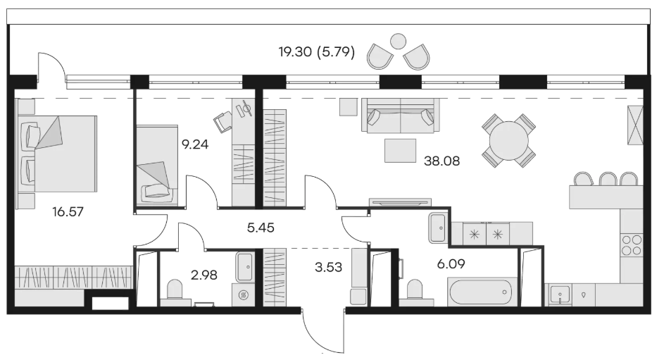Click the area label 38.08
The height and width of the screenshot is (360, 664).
pos(441,161)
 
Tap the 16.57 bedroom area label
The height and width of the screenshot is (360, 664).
pos(68,211)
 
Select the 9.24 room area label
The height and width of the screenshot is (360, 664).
pos(195,144)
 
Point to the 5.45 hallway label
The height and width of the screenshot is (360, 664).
pos(261,228)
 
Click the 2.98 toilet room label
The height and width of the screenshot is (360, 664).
pos(204,275)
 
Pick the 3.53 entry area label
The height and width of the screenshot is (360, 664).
pos(328,267)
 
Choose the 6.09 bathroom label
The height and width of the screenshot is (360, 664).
pos(451,264)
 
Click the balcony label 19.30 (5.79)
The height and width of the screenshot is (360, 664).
pos(317,52)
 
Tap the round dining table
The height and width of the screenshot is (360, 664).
pos(509,141)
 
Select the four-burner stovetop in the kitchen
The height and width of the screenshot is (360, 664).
pos(631,245)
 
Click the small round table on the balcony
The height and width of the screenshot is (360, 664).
pos(398,42)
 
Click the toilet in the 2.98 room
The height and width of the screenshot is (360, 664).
pos(174,290)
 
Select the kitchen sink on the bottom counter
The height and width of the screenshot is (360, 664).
pos(560,294)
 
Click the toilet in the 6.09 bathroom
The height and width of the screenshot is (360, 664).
pos(415,290)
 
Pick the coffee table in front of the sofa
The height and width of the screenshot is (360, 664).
pos(400,150)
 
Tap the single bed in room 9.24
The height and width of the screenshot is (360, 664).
pos(157,165)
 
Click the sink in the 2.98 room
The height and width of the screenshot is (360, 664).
pos(245,267)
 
